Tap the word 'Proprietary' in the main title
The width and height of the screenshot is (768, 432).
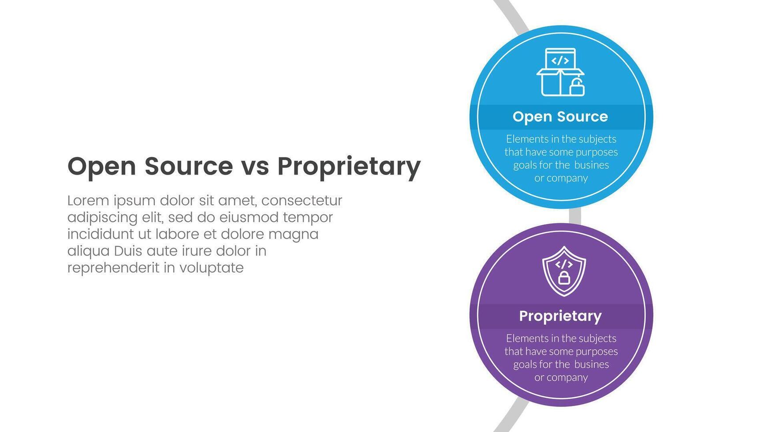point(349,168)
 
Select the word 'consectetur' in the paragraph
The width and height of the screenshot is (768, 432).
point(302,201)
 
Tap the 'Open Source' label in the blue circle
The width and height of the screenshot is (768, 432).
point(560,117)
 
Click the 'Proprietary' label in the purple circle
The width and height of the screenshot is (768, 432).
point(560,316)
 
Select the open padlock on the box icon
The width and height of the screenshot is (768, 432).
point(577,87)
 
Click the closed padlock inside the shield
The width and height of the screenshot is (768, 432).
point(564,277)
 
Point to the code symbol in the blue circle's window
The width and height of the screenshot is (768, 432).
point(560,60)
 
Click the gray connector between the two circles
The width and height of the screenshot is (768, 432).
point(575,216)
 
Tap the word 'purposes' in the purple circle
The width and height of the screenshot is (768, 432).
point(597,352)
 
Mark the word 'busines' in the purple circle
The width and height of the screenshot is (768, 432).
point(592,365)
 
